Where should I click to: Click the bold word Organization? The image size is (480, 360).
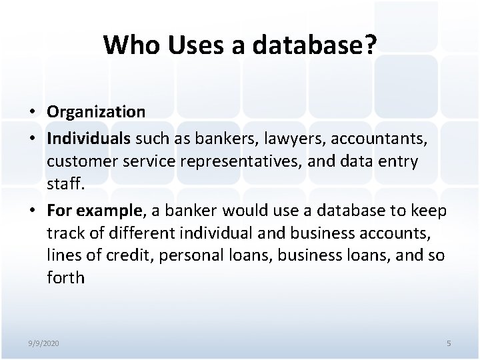click(96, 111)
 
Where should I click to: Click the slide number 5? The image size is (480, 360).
click(449, 343)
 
